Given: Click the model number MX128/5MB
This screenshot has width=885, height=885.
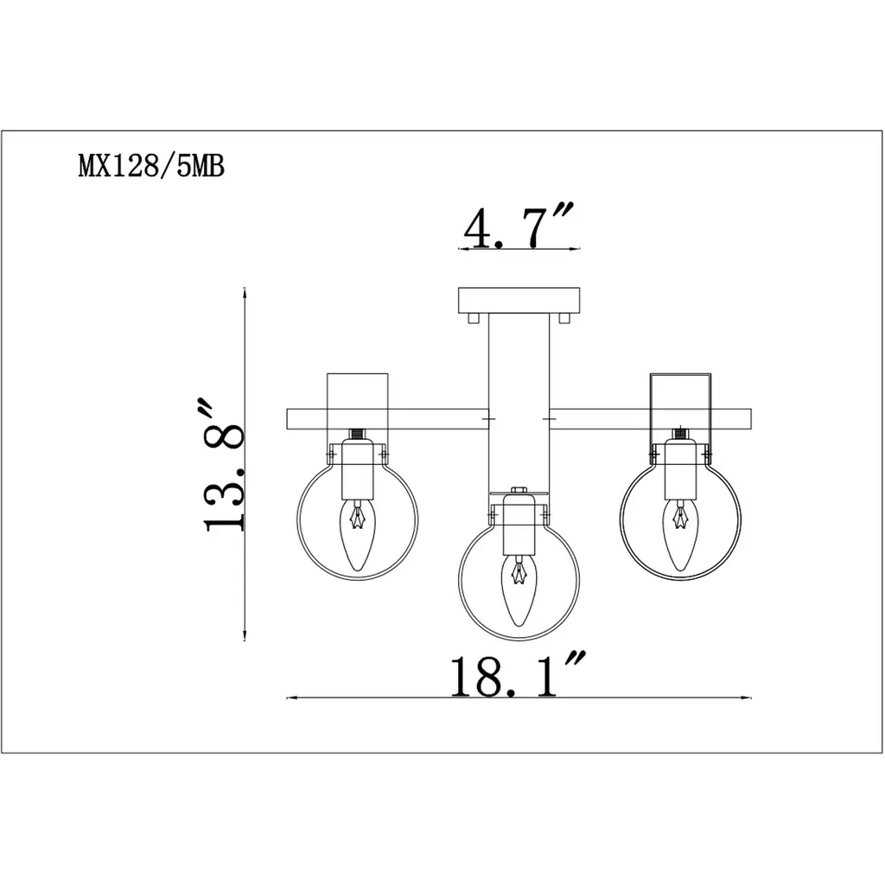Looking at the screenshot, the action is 151,167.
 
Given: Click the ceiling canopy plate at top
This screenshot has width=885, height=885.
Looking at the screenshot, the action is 519,301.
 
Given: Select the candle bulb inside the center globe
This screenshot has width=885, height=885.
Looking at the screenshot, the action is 519,590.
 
